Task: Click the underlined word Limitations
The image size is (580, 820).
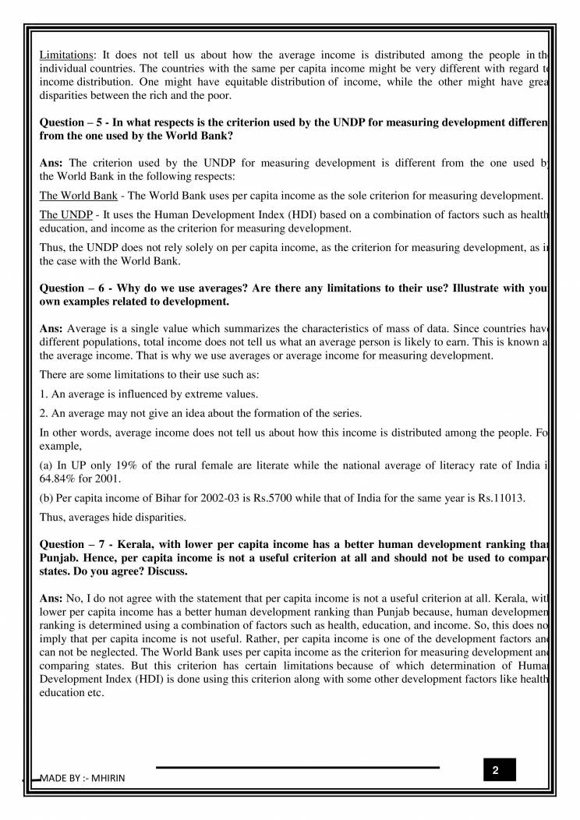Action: tap(65, 55)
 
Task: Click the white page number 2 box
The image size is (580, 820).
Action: tap(495, 770)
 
